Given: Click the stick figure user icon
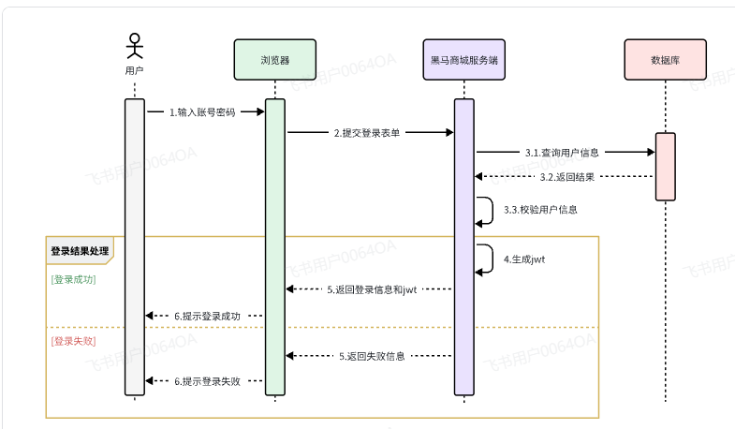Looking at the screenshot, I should [x=135, y=47].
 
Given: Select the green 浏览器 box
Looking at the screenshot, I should [x=274, y=60].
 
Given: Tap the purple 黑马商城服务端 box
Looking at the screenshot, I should [x=463, y=60].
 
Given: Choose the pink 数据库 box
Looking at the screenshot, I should [x=665, y=60].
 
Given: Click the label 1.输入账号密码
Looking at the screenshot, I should [x=202, y=112].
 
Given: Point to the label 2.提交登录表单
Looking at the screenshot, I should [x=367, y=133].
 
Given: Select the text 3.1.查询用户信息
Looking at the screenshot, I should [x=562, y=152].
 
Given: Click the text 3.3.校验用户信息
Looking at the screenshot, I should [x=540, y=210].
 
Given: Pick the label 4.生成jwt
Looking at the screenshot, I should [x=524, y=259].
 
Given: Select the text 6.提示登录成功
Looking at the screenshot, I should [x=207, y=316].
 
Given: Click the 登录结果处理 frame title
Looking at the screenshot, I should [x=80, y=251].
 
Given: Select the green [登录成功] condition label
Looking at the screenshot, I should [x=73, y=279].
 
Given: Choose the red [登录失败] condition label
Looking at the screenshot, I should [x=73, y=341].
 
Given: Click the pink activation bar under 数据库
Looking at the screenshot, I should [x=665, y=166].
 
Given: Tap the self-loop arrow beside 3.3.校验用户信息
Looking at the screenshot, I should [x=487, y=210].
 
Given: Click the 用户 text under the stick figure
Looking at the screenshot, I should [x=135, y=70].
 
